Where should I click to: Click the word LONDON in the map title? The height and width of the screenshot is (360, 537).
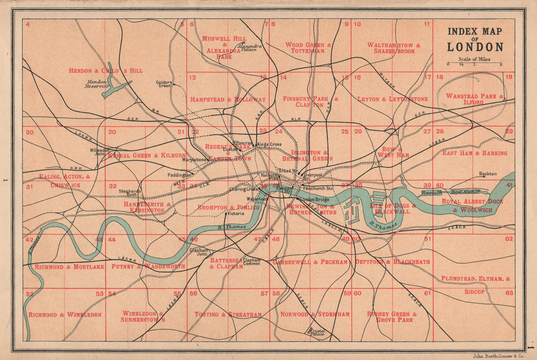pyautogui.click(x=475, y=47)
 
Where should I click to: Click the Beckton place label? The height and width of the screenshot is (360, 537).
pyautogui.click(x=488, y=174)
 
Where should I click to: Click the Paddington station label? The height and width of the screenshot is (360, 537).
pyautogui.click(x=179, y=175)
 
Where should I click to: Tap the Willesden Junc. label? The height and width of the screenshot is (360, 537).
pyautogui.click(x=99, y=152)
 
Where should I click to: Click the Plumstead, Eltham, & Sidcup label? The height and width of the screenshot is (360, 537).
pyautogui.click(x=476, y=285)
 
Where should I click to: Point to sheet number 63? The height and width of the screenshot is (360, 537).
pyautogui.click(x=509, y=293)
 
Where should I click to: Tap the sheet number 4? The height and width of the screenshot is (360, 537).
pyautogui.click(x=27, y=24)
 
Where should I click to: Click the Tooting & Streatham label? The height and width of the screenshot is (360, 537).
pyautogui.click(x=228, y=314)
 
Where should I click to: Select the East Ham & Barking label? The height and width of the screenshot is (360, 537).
pyautogui.click(x=474, y=153)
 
